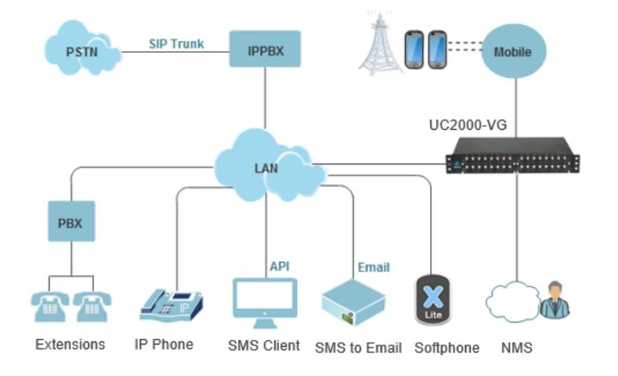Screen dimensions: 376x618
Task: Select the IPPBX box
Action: tap(265, 50)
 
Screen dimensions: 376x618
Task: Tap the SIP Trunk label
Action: tap(177, 43)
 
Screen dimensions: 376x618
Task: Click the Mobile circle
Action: tap(512, 51)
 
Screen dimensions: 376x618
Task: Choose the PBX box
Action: tap(69, 223)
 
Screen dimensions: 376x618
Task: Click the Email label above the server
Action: tap(374, 267)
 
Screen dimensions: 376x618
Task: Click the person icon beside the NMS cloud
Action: tap(554, 300)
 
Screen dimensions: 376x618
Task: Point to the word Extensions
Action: tap(70, 345)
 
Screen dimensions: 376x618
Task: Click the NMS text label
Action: tap(516, 347)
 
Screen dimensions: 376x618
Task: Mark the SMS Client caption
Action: tap(263, 345)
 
